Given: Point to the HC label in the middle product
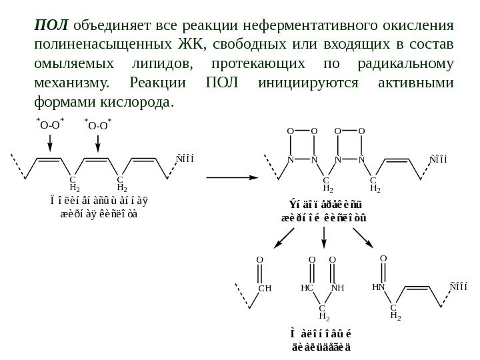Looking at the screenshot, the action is click(x=307, y=288).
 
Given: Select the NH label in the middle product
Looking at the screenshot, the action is click(x=337, y=288).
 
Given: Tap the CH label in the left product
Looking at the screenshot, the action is click(x=264, y=288).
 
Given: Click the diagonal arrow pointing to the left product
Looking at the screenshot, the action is click(x=281, y=238).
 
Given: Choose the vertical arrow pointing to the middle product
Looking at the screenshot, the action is click(x=323, y=238).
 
